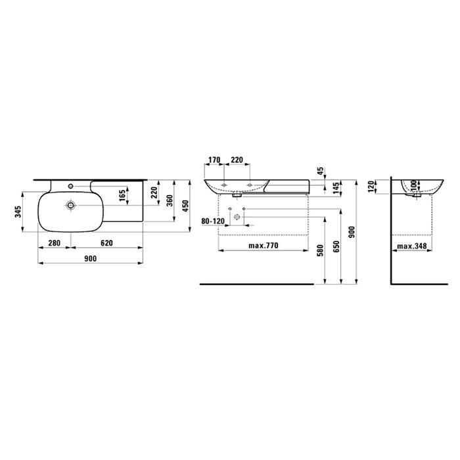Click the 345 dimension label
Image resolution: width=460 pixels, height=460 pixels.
18,212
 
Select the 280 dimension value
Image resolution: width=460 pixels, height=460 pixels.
55,243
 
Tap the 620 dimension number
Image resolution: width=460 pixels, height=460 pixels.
106,243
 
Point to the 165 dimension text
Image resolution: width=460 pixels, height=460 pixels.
122,195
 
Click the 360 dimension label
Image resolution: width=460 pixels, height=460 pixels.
170,200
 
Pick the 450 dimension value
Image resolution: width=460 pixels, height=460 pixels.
185,206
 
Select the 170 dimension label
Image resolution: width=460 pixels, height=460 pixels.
214,160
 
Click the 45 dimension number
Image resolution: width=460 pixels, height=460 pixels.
321,171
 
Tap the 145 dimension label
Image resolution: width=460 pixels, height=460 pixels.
336,189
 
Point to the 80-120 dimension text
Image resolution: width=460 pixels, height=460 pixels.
213,221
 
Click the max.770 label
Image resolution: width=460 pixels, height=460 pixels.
263,245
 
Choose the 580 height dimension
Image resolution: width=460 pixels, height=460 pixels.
321,250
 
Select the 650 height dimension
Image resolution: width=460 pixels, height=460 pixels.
336,246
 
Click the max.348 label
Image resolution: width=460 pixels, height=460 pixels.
411,246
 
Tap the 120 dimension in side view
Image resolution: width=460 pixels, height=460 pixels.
371,187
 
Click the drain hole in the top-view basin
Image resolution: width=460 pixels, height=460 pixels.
70,205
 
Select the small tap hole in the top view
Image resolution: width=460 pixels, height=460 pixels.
70,186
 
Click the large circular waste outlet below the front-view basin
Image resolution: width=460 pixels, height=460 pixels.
237,218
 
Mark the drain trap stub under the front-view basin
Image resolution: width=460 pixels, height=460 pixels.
237,195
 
